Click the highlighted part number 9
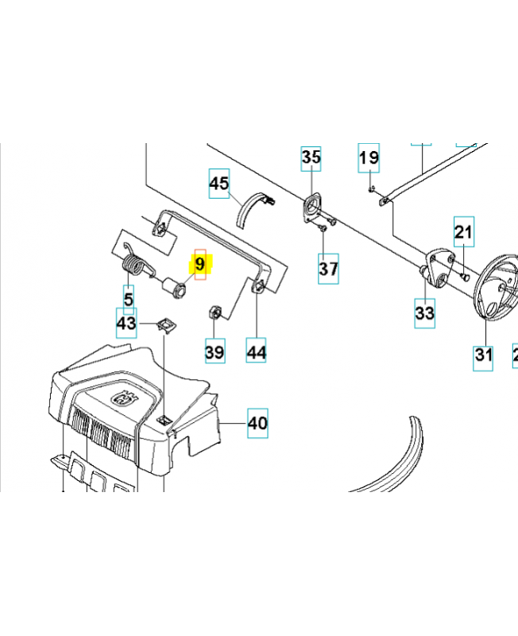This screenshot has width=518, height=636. point(200,263)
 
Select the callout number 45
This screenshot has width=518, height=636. point(219,184)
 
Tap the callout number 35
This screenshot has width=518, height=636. point(311,158)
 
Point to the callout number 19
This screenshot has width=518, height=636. point(369,158)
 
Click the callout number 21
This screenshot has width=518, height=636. point(463,232)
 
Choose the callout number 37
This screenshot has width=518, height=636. point(329,268)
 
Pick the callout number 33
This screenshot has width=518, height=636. point(425,313)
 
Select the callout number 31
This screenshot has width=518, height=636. point(484,355)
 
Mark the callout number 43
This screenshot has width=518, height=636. point(126,324)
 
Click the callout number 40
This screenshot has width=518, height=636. point(257,423)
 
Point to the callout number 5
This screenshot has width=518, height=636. point(129,300)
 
